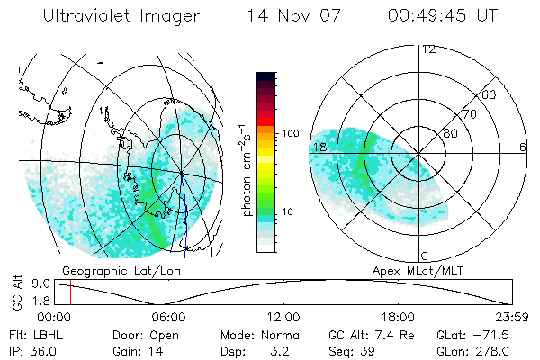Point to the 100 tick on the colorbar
pos(290,133)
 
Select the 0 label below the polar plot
pos(424,256)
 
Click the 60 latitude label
pos(490,94)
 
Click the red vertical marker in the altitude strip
pos(69,292)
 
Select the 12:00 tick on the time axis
pos(283,317)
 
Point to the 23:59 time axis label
pos(513,317)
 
